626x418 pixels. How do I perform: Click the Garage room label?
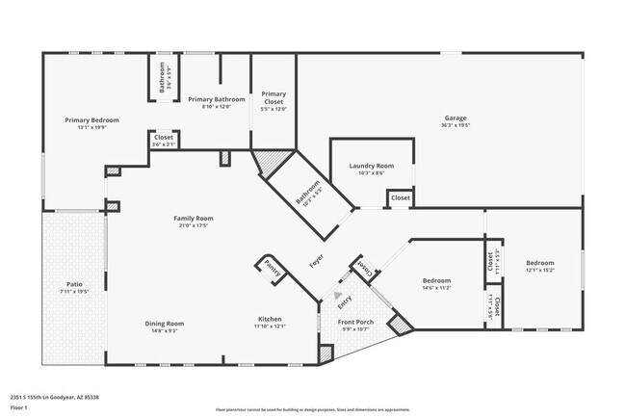coord(456,118)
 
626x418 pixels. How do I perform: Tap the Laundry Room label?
coord(371,166)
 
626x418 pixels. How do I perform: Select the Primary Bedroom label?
coord(91,119)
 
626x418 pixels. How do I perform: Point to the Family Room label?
coord(193,219)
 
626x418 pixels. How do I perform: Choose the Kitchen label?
coord(270,319)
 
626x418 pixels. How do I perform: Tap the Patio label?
coord(73,284)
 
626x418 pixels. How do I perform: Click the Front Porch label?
coord(354,323)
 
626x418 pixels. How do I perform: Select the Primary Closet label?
coord(274,96)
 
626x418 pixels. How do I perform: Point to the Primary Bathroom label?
coord(216,98)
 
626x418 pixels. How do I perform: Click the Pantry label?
coord(272,270)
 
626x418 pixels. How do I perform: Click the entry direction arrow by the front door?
coord(337,295)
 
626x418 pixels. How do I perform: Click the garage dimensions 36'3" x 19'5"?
coord(456,125)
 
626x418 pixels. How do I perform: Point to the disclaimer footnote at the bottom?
coord(312,409)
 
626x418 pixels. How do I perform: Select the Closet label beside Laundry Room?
coord(400,198)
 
